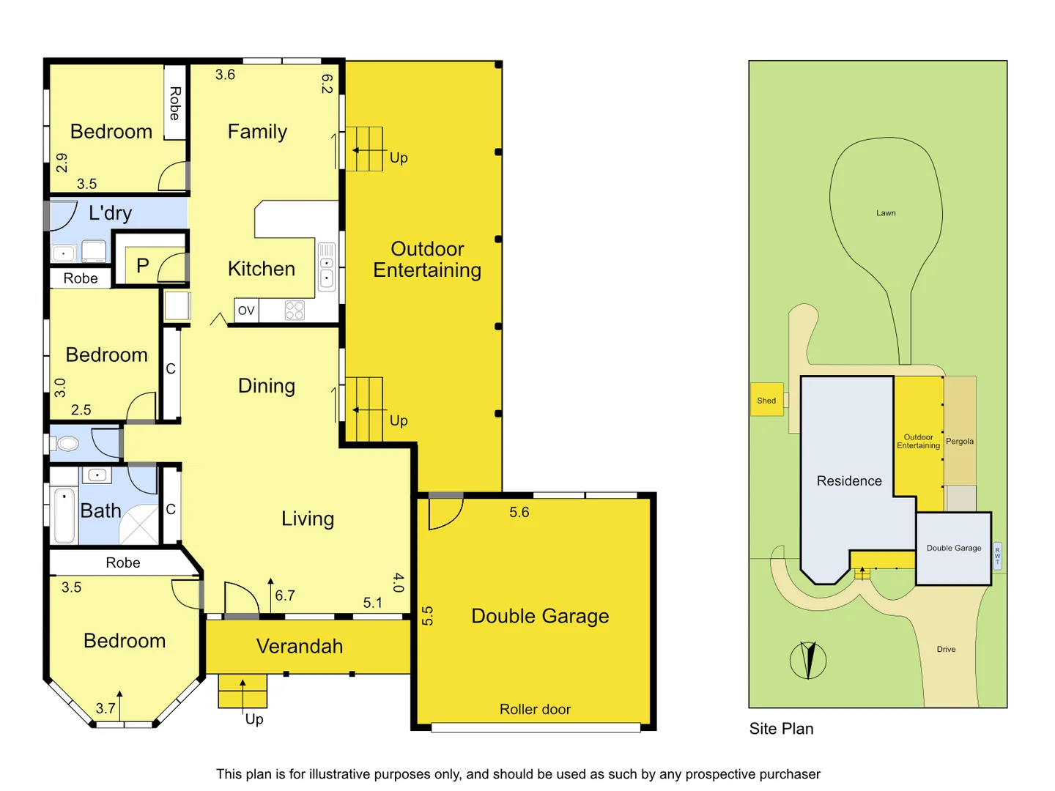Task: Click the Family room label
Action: pos(257,132)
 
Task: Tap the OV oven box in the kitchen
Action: pos(246,311)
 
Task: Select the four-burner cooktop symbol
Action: pos(295,311)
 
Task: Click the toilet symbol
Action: pos(67,443)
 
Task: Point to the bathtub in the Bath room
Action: pos(64,516)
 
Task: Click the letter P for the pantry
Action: pos(143,266)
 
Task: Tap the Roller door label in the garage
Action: pos(535,709)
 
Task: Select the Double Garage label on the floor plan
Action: pos(540,616)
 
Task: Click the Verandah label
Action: pos(300,646)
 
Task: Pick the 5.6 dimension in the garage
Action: pos(519,512)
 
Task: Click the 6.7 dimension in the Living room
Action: pos(285,595)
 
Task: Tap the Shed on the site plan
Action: pos(766,401)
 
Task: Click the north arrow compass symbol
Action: pos(808,660)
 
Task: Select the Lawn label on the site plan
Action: pos(886,213)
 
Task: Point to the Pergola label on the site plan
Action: pos(960,441)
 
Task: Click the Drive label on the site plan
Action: pos(946,649)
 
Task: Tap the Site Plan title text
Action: pos(781,729)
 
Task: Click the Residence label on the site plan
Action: pos(849,480)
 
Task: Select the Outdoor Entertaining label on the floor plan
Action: pos(427,259)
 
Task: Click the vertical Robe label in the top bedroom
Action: pos(174,103)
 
